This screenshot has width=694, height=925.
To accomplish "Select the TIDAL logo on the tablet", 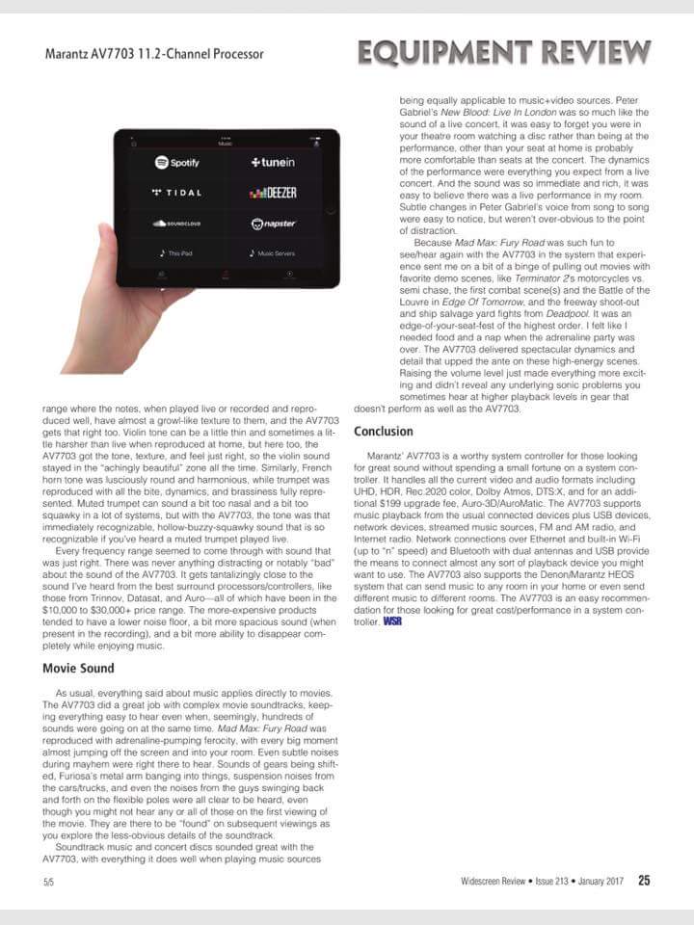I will (x=176, y=193).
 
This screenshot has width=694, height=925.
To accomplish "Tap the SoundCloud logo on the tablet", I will (x=174, y=225).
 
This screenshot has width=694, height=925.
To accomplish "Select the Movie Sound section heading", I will (x=79, y=668).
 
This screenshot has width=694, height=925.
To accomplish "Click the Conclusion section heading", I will (x=383, y=431).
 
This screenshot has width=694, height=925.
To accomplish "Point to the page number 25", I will (x=643, y=879).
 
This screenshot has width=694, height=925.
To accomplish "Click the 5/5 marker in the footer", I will (x=48, y=881).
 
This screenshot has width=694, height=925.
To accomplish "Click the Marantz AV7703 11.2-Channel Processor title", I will (x=154, y=54).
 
